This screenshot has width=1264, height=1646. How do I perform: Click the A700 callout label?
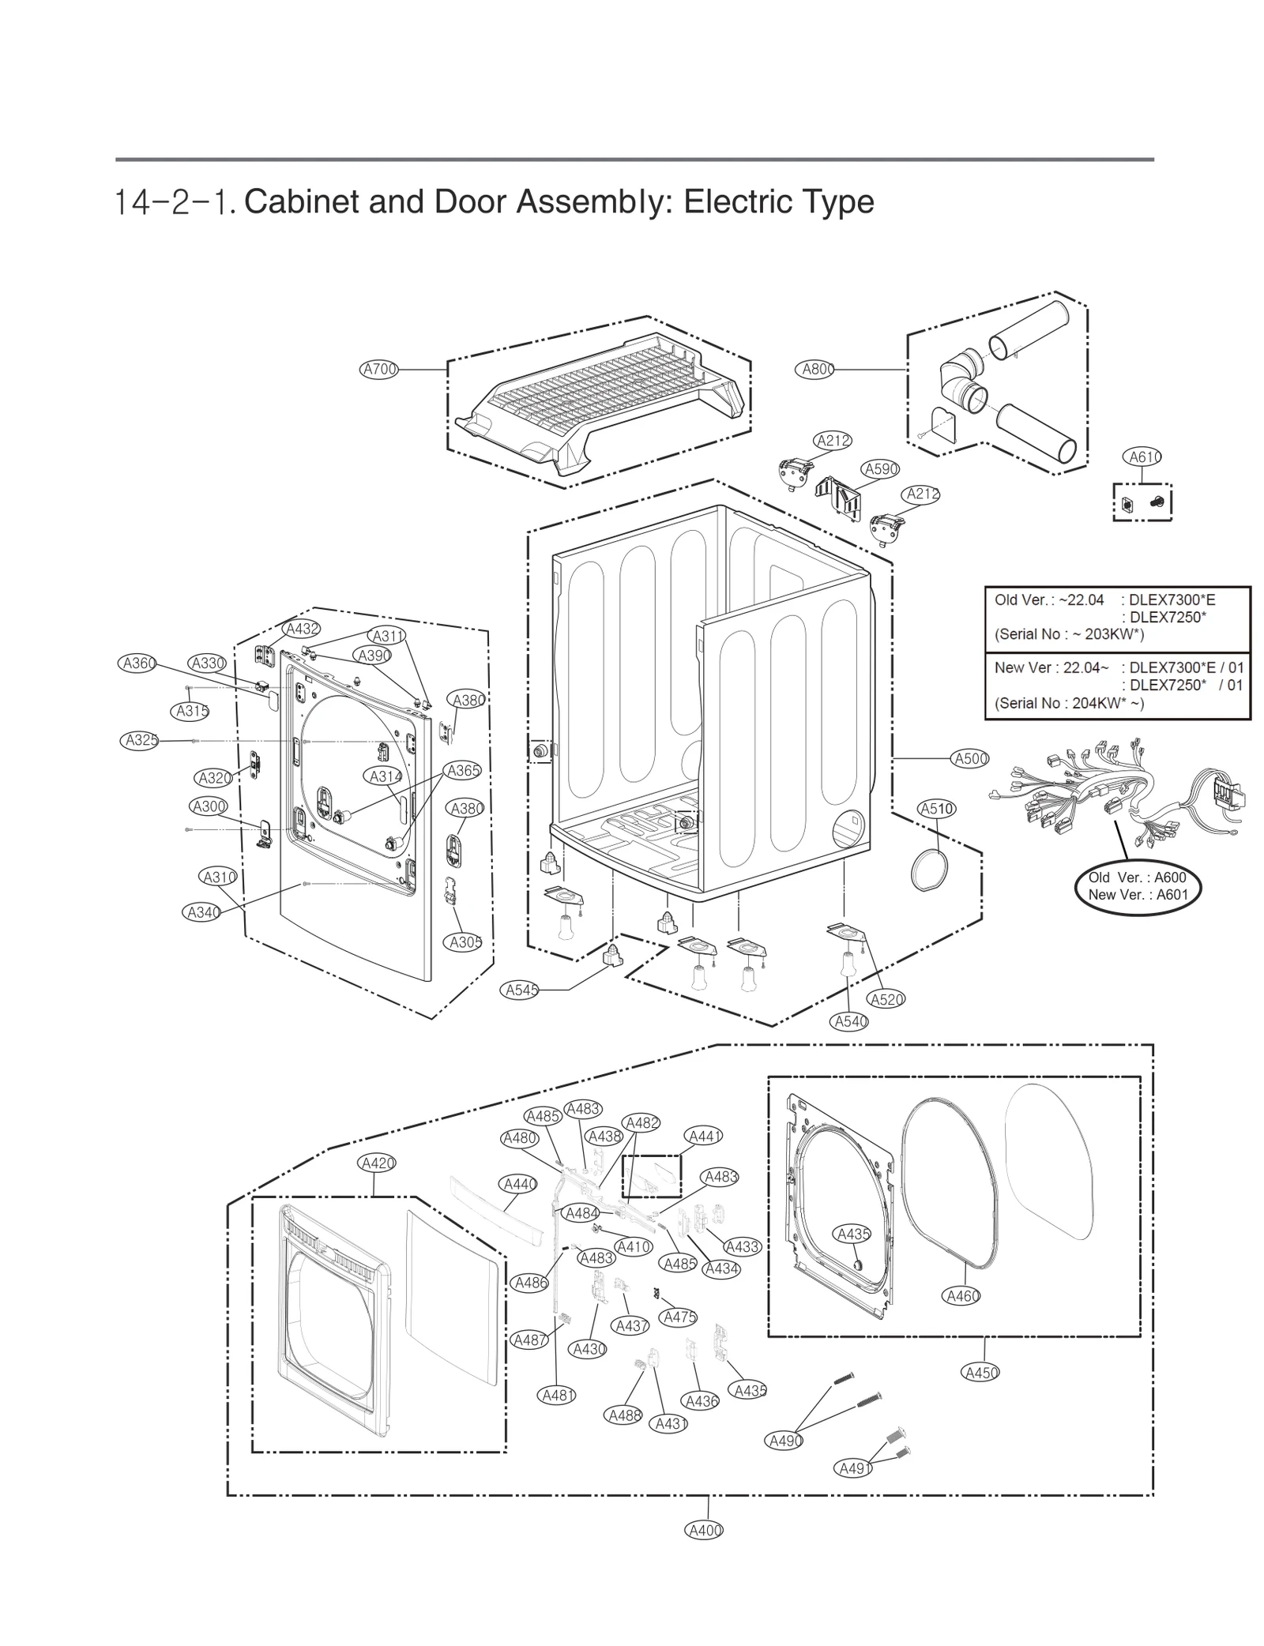(378, 369)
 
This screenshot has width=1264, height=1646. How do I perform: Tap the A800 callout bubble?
(814, 369)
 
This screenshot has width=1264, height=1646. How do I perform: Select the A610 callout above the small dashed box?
(1142, 457)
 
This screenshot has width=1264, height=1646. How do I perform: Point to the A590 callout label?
(880, 469)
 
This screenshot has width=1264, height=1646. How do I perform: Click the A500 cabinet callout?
(970, 758)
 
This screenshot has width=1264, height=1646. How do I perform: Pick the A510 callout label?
(937, 809)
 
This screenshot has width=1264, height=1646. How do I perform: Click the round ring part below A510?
(929, 870)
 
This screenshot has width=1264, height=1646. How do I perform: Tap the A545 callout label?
(521, 990)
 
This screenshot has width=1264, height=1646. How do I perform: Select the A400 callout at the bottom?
(704, 1530)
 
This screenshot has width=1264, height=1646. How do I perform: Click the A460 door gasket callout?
(962, 1295)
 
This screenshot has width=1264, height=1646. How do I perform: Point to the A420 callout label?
(376, 1163)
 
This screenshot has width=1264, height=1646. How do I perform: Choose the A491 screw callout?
(853, 1468)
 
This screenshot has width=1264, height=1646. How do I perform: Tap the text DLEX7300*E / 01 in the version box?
(1186, 667)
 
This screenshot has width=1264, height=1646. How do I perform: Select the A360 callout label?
(138, 663)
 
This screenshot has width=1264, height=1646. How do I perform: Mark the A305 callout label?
(465, 941)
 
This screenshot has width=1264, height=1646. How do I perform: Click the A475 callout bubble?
(679, 1317)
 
